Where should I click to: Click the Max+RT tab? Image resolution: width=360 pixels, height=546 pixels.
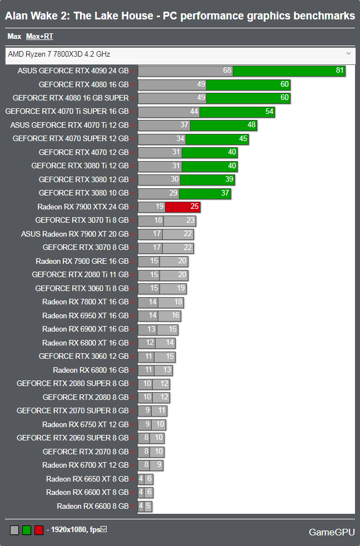point(39,37)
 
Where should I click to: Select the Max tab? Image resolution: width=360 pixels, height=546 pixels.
point(14,37)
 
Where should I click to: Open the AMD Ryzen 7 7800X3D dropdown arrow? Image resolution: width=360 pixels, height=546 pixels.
point(348,53)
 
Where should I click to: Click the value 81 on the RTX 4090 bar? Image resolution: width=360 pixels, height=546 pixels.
point(340,71)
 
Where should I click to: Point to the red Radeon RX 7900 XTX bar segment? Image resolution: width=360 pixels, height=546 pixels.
point(183,207)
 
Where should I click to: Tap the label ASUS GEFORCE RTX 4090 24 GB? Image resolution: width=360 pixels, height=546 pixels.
point(73,71)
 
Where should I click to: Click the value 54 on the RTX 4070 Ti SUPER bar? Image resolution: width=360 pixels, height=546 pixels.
point(269,112)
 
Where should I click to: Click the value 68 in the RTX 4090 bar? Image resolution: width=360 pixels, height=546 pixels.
point(227,71)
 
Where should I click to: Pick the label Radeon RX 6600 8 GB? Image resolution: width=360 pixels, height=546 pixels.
point(92,506)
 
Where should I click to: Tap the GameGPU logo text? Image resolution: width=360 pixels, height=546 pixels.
point(332,532)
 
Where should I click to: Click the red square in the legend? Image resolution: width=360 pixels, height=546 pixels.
point(39,530)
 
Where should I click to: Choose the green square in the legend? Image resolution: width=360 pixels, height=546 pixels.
point(27,530)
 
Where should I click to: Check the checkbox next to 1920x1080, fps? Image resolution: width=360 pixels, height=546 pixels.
point(103,529)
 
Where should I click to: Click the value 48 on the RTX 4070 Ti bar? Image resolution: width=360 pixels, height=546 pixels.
point(251,125)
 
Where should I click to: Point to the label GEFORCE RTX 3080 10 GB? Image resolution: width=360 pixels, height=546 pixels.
point(83,193)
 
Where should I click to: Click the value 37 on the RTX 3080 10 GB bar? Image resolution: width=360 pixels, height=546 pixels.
point(225,193)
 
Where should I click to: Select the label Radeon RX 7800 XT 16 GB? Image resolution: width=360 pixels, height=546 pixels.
point(85,302)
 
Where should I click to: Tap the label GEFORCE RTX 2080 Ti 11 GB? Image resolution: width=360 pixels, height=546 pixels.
point(80,274)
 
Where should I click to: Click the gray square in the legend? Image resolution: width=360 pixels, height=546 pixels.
point(14,530)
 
